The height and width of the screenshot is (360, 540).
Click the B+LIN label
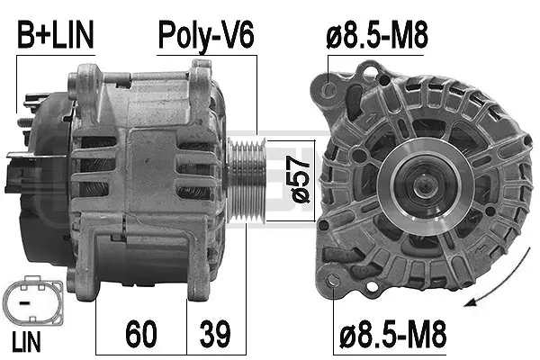tap(54, 37)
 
